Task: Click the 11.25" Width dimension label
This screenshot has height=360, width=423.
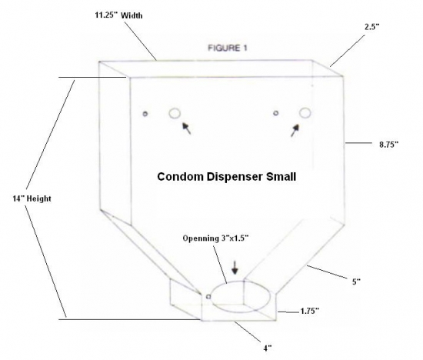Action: [x=118, y=15]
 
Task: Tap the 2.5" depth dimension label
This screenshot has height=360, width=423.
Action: [x=372, y=26]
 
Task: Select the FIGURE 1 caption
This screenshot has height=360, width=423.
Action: [x=228, y=48]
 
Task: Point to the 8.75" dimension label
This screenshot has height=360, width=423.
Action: [x=388, y=145]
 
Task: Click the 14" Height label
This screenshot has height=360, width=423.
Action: [x=32, y=198]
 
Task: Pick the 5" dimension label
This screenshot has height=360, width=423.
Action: [x=356, y=282]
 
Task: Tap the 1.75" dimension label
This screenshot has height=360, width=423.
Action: [x=310, y=311]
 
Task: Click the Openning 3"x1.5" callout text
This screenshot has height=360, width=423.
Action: [x=215, y=238]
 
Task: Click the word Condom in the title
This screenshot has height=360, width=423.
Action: [x=180, y=177]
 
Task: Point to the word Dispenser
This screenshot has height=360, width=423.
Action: [x=235, y=177]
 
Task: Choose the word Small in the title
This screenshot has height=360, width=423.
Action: [x=281, y=177]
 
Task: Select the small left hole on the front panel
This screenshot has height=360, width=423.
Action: [x=145, y=114]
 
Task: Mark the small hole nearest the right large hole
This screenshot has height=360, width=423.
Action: [x=275, y=113]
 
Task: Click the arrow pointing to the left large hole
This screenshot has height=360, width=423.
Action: [x=187, y=128]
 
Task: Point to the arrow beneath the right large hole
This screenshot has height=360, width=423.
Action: [x=295, y=130]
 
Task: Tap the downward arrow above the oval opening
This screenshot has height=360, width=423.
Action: [x=235, y=268]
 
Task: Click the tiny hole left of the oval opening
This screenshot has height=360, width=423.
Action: [x=208, y=297]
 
